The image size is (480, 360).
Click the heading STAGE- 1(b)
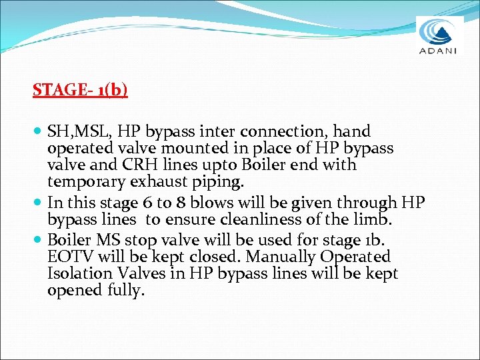(80, 89)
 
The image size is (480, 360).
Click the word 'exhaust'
(155, 181)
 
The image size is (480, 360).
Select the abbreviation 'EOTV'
(69, 257)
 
